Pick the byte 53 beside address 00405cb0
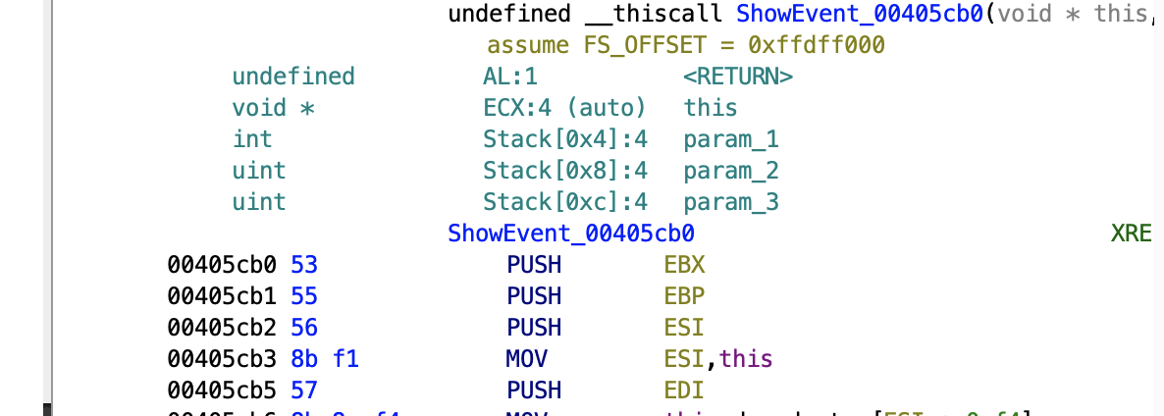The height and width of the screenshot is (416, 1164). click(305, 265)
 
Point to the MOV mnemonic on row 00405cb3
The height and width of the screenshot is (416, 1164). click(527, 359)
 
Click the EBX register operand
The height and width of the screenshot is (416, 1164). click(684, 265)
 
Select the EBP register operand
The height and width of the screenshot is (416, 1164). click(684, 296)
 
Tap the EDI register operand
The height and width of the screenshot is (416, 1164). click(684, 390)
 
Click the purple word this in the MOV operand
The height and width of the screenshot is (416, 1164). click(746, 359)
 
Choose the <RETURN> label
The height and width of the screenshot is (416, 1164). click(738, 77)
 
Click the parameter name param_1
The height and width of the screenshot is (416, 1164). click(731, 139)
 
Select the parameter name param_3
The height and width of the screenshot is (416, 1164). click(731, 202)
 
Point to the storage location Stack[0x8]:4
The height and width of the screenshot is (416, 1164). click(565, 171)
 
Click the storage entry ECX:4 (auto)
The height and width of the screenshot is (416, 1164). click(564, 108)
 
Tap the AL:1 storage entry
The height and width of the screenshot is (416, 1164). click(510, 77)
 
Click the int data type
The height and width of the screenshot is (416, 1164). click(252, 139)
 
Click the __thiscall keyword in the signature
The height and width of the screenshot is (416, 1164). click(652, 14)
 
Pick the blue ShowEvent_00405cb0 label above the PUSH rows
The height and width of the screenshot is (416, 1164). click(571, 234)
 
